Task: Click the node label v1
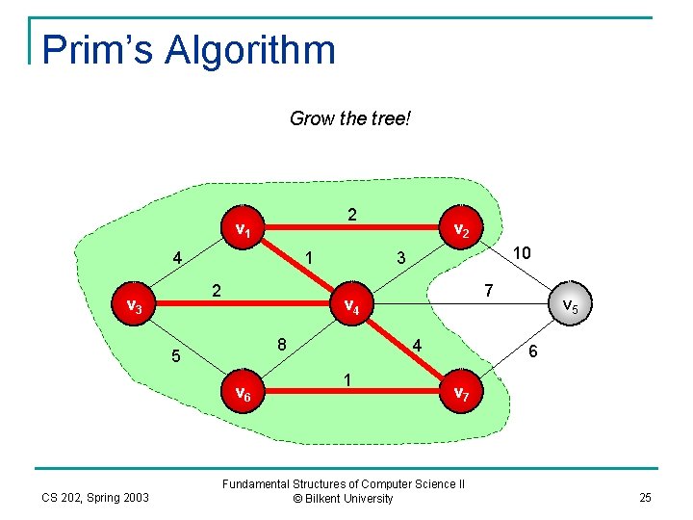(244, 230)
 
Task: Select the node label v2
(461, 230)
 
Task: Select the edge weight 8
(281, 344)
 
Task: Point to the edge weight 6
(532, 352)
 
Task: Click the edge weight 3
(401, 257)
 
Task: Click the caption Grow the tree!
(350, 119)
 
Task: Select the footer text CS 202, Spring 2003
(95, 497)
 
